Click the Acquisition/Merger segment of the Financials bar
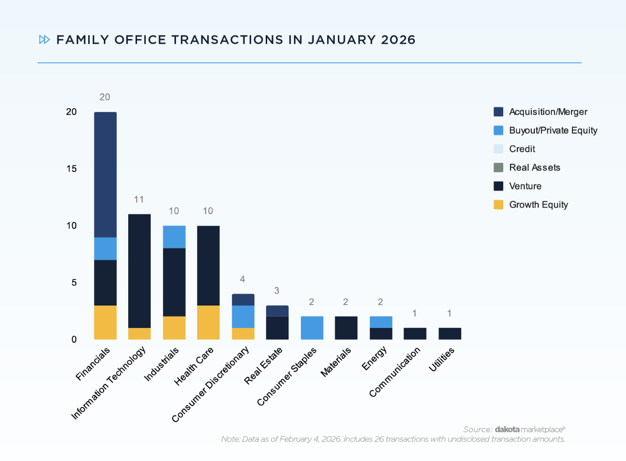tap(105, 174)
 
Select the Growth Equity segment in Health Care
tap(208, 322)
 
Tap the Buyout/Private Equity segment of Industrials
tap(174, 237)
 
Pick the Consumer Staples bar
tap(312, 327)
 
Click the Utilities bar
tap(450, 333)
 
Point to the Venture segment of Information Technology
tap(139, 270)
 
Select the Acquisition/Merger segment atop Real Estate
tap(277, 311)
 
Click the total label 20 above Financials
tap(105, 97)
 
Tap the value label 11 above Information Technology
tap(139, 200)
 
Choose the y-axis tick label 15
tap(72, 169)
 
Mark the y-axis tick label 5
tap(74, 283)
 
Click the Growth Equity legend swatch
tap(498, 205)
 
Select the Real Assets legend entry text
tap(534, 168)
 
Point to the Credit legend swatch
tap(498, 149)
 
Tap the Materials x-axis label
tap(336, 362)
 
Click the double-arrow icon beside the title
tap(44, 40)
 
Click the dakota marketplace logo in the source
tap(530, 429)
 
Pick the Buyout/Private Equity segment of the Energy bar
tap(380, 322)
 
